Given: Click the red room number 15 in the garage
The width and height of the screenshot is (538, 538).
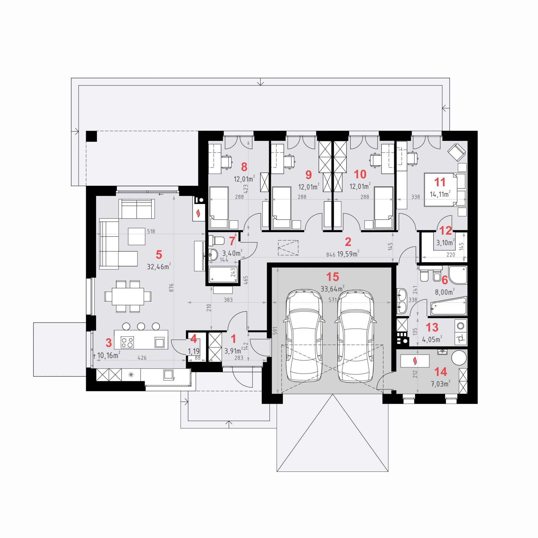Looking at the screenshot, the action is (x=332, y=277).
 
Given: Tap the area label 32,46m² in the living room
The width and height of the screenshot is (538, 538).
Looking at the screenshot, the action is (x=159, y=266).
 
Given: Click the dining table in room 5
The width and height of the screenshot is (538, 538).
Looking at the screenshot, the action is (x=128, y=297).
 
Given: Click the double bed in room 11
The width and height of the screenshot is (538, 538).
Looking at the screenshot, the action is (x=445, y=189).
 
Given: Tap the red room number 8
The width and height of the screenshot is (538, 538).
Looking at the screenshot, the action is (x=244, y=167).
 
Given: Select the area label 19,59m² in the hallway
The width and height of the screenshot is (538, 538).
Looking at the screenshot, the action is (x=348, y=254).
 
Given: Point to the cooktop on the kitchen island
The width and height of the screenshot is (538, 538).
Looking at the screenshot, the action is (x=127, y=342).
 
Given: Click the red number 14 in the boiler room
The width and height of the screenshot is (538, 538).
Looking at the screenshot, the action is (x=440, y=372).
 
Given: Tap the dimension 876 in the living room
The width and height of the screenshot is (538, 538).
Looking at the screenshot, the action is (x=171, y=287).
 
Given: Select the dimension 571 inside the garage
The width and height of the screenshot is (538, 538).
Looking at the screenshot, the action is (x=333, y=300).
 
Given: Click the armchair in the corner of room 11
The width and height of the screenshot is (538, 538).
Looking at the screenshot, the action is (x=456, y=152).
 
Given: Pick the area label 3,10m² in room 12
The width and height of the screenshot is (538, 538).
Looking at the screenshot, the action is (x=445, y=243).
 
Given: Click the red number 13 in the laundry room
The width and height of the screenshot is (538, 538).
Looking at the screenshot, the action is (x=432, y=328).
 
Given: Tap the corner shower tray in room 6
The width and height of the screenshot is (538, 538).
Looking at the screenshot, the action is (x=458, y=275).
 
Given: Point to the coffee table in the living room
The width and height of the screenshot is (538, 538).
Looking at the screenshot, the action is (x=136, y=236).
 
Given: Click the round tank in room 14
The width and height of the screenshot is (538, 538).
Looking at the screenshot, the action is (x=459, y=357).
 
